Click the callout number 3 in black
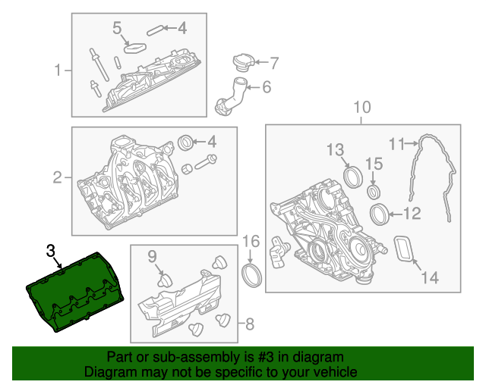click(x=51, y=251)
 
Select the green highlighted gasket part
click(x=74, y=293)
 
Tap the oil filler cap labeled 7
click(x=243, y=62)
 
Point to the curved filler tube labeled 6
click(x=231, y=98)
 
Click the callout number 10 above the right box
click(x=361, y=107)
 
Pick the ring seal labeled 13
click(x=353, y=177)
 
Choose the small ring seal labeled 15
click(x=374, y=192)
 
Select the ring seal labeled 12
click(x=380, y=214)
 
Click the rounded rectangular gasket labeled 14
click(x=404, y=249)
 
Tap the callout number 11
click(x=397, y=144)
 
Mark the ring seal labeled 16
click(x=251, y=275)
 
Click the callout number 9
click(x=152, y=256)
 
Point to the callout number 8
click(x=250, y=324)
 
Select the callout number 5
click(x=117, y=28)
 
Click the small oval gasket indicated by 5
click(x=135, y=48)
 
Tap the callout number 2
click(x=58, y=177)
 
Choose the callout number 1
click(x=58, y=70)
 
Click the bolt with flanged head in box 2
click(x=206, y=162)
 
